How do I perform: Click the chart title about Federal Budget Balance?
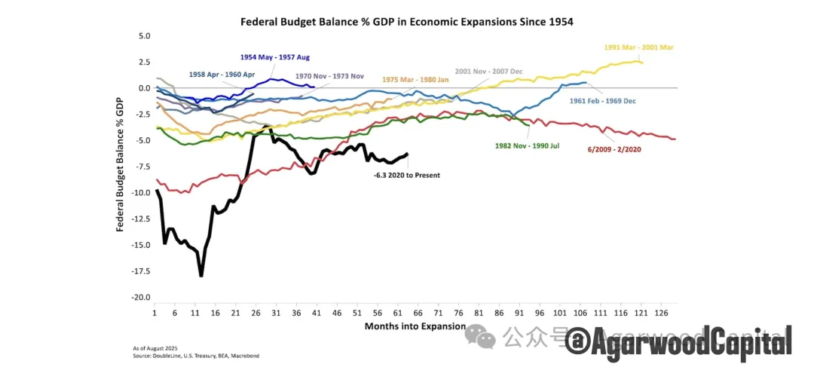406,22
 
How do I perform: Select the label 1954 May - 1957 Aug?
275,57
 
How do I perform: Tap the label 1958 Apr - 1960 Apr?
223,75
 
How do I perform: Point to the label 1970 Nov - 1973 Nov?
329,76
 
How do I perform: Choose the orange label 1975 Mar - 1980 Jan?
416,79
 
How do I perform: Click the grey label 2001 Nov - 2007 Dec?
488,71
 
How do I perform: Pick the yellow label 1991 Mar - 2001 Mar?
638,47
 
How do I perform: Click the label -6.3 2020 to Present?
407,175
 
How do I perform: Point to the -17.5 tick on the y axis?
141,271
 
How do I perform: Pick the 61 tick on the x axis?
397,312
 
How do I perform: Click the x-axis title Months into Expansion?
407,326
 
